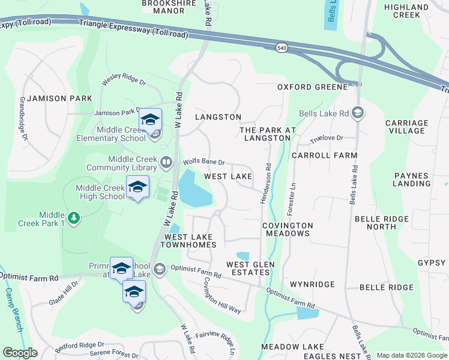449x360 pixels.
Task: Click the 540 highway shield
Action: (281, 47)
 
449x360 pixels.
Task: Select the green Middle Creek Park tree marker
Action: (73, 217)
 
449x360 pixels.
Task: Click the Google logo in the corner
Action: (20, 353)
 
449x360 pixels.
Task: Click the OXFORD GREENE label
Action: (312, 87)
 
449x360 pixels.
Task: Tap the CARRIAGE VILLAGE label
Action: (407, 127)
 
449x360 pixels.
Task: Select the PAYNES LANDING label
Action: (420, 180)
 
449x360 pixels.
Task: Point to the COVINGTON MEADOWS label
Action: (288, 229)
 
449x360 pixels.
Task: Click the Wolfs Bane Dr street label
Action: (204, 162)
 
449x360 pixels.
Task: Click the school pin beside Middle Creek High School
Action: (137, 187)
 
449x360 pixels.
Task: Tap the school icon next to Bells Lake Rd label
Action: (357, 113)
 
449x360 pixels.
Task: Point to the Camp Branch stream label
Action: (13, 310)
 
